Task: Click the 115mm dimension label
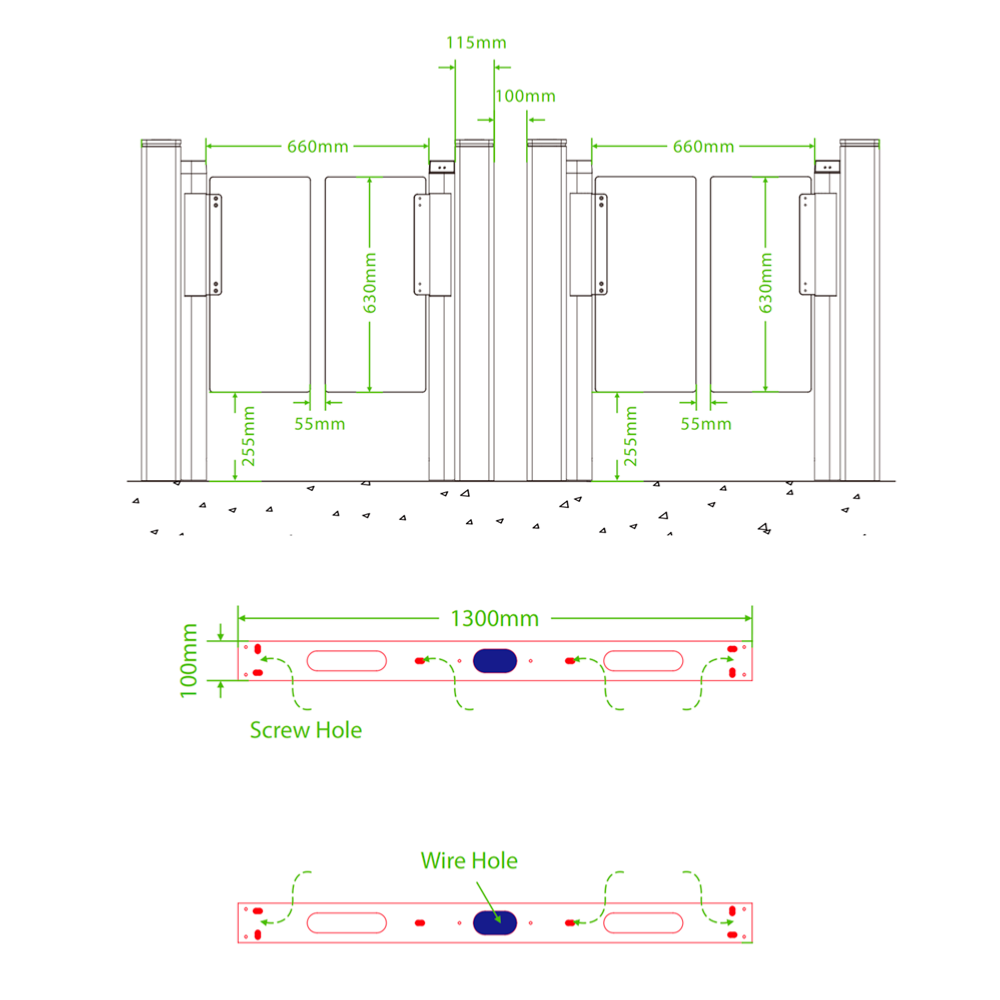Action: click(x=476, y=43)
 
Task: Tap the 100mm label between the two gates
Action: click(x=525, y=96)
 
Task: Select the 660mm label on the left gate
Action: click(x=318, y=147)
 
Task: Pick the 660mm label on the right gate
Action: click(x=703, y=147)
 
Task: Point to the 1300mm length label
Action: click(x=494, y=617)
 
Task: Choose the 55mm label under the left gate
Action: click(x=319, y=424)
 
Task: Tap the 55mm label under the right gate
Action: click(x=705, y=424)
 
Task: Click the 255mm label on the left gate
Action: click(x=250, y=436)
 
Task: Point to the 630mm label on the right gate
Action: click(x=766, y=283)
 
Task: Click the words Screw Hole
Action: click(x=306, y=730)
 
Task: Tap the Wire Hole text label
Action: click(x=469, y=860)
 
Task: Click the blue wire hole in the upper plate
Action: click(x=495, y=660)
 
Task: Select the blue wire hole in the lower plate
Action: click(x=495, y=922)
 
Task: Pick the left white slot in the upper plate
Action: click(x=346, y=660)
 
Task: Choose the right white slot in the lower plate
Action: click(x=643, y=922)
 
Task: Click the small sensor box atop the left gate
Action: click(x=441, y=167)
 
